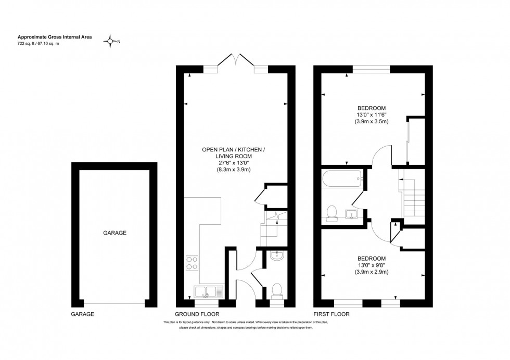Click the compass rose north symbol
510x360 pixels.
110,41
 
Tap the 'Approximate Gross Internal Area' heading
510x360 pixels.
55,37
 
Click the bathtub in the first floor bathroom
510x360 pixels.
342,178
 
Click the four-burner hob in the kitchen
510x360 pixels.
192,263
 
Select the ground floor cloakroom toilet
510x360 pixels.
277,290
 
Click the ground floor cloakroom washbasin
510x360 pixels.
277,255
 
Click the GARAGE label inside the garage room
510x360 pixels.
115,233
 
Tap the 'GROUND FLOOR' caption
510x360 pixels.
197,314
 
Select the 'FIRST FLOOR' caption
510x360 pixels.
331,314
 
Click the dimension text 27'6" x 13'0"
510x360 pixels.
234,163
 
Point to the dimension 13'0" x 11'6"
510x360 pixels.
372,115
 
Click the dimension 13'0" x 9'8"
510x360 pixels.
372,265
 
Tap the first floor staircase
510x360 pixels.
412,197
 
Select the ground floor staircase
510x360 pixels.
274,228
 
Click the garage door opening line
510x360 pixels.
114,304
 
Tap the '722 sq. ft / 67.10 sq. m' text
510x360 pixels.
39,43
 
